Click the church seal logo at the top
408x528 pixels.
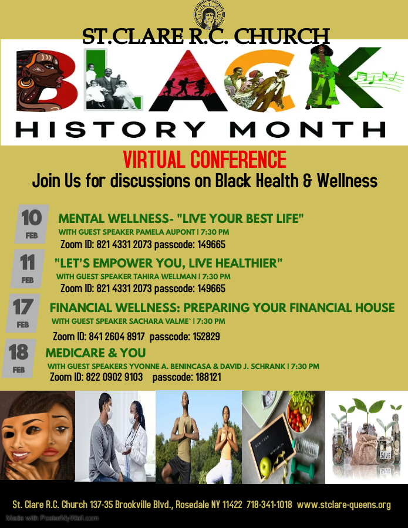pyautogui.click(x=209, y=15)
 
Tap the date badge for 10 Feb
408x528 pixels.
pyautogui.click(x=32, y=224)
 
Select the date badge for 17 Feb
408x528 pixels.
pyautogui.click(x=23, y=313)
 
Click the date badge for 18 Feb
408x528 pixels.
pyautogui.click(x=19, y=358)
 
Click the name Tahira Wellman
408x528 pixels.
pyautogui.click(x=165, y=276)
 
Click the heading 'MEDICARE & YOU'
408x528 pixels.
pyautogui.click(x=96, y=353)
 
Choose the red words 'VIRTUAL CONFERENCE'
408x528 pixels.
pyautogui.click(x=204, y=160)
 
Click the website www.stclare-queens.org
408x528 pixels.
pyautogui.click(x=343, y=505)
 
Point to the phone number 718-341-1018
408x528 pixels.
pyautogui.click(x=269, y=505)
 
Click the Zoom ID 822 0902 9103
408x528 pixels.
pyautogui.click(x=114, y=377)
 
